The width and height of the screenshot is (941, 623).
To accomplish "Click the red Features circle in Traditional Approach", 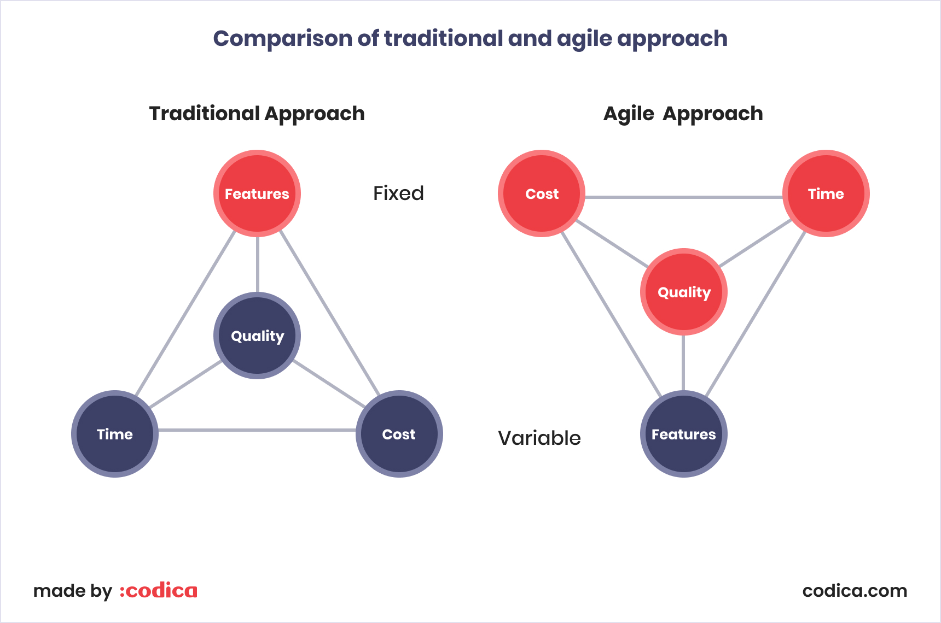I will [257, 193].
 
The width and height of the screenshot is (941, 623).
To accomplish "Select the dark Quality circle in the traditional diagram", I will [257, 336].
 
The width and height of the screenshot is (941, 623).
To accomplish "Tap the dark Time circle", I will [115, 434].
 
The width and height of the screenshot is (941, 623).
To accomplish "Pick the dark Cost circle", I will [399, 434].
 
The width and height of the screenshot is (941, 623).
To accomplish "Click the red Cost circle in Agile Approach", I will [542, 193].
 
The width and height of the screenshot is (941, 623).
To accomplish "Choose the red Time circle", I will [826, 193].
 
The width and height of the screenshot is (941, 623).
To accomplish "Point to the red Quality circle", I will [684, 292].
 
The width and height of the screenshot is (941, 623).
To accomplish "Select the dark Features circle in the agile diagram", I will [683, 434].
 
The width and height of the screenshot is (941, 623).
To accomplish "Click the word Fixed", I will [398, 193].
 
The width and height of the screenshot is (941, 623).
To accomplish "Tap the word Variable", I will [539, 438].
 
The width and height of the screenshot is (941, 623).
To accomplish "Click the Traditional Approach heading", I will [257, 114].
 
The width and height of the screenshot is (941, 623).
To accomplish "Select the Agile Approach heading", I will [683, 114].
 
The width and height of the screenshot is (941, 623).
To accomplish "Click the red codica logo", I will [159, 591].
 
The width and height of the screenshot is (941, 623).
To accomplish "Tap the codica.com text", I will [855, 591].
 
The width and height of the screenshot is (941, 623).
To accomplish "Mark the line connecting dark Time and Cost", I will [257, 430].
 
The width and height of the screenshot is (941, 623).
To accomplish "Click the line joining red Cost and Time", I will [684, 197].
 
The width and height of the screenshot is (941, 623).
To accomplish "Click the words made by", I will [72, 591].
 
